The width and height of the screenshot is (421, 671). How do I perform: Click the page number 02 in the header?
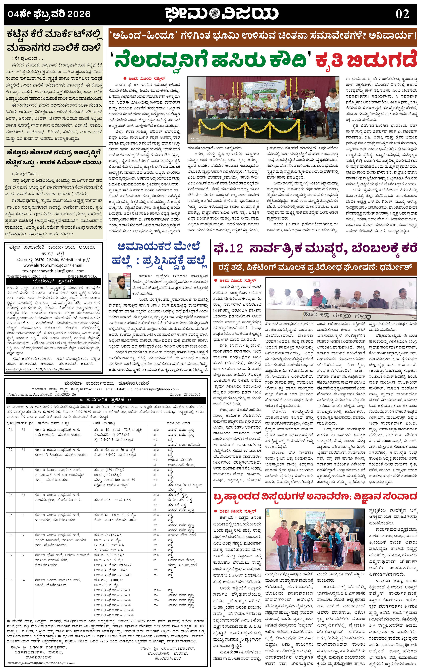coord(402,14)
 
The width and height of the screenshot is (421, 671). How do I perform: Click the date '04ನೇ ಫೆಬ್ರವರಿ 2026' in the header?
coord(49,14)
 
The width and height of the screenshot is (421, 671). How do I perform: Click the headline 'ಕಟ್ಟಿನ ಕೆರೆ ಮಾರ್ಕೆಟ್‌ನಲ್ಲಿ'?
coord(55,36)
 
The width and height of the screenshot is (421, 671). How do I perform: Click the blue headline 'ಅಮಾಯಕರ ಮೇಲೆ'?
coord(159,247)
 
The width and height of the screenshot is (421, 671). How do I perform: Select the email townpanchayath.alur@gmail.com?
coord(53,271)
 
